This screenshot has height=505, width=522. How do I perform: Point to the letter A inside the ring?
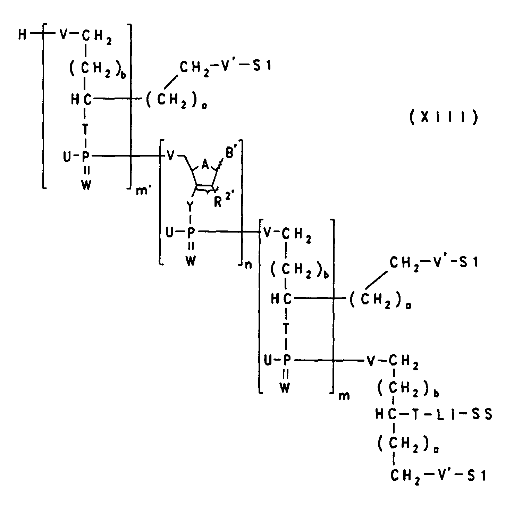point(205,166)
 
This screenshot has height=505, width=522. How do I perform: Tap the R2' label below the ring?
point(222,200)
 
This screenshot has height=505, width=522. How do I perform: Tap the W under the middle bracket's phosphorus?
point(191,261)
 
